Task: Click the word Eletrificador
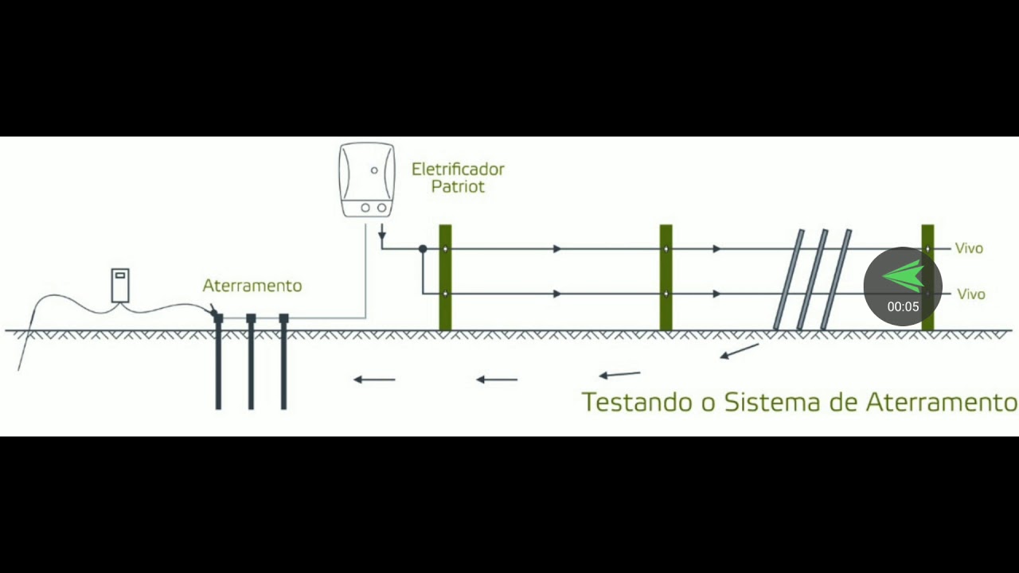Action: (x=458, y=170)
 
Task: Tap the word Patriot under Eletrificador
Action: (x=458, y=187)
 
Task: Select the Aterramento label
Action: (x=252, y=286)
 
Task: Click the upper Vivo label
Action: (x=970, y=248)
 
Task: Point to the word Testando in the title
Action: (x=637, y=402)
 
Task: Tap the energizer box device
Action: (x=367, y=180)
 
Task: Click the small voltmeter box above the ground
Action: (x=120, y=285)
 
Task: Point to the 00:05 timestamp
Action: (x=903, y=306)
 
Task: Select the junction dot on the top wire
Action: (x=423, y=249)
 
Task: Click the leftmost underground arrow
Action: (x=374, y=380)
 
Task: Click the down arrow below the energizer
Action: (x=382, y=233)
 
